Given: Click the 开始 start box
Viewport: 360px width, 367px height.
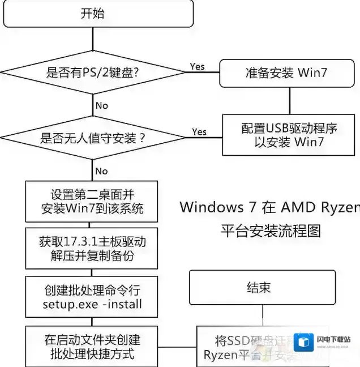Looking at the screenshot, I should [93, 14].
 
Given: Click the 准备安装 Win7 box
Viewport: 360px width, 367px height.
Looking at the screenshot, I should [286, 72].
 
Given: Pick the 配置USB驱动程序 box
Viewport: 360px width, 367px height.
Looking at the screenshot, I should [289, 135].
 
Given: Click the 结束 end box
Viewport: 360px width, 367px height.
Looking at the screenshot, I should [262, 288].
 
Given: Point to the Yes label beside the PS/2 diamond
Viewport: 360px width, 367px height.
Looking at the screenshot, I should [197, 67].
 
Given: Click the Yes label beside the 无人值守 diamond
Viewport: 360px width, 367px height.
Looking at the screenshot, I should [199, 132].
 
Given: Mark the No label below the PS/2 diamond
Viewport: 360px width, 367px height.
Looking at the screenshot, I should [101, 105].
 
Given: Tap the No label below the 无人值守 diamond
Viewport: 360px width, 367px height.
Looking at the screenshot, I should [101, 171].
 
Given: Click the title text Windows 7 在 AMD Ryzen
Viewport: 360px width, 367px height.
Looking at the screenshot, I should [269, 207].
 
